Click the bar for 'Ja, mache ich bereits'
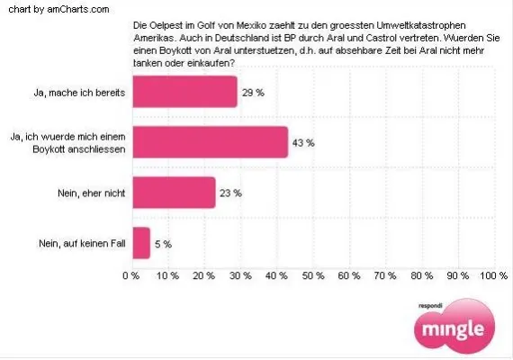click(x=184, y=92)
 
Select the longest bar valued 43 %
click(x=210, y=142)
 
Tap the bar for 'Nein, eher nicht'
click(x=174, y=192)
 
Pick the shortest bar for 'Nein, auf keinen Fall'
click(x=140, y=242)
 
